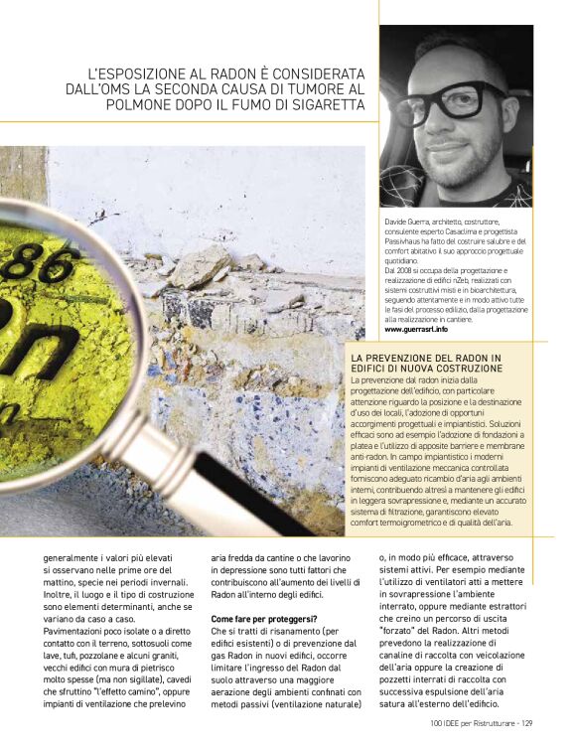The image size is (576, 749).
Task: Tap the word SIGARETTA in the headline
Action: pyautogui.click(x=327, y=104)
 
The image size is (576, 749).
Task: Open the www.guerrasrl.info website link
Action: pyautogui.click(x=419, y=329)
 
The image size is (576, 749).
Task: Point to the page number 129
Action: pyautogui.click(x=527, y=722)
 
